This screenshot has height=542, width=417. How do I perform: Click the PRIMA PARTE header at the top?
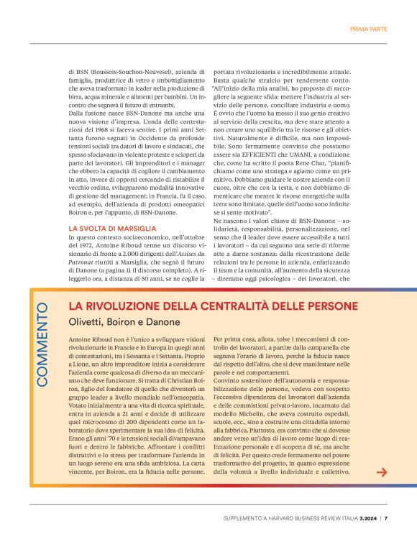[369, 29]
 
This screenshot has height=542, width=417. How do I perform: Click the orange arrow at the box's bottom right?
[382, 472]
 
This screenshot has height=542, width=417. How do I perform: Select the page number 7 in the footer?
[386, 518]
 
